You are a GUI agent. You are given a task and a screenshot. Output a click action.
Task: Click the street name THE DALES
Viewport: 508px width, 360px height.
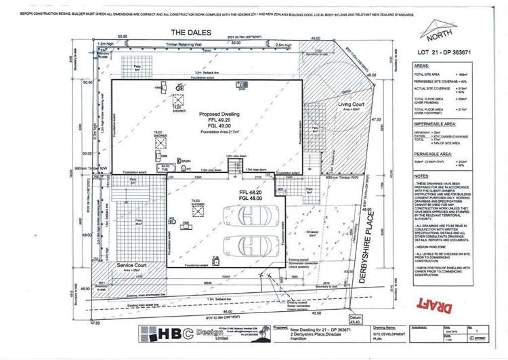coord(191,32)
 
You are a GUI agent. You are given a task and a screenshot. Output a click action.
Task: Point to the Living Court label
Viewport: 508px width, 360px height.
coord(352,104)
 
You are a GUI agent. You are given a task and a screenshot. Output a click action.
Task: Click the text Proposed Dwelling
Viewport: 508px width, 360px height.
coord(206,115)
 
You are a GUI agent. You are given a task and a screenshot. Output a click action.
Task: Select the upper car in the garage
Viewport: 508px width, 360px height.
coord(249,216)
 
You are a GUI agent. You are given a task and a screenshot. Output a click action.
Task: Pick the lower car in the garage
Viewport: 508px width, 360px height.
coord(249,243)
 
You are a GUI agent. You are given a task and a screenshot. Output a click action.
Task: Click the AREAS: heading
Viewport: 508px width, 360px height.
coord(422,66)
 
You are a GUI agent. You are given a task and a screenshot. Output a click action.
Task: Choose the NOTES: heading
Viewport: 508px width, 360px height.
coord(422,176)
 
